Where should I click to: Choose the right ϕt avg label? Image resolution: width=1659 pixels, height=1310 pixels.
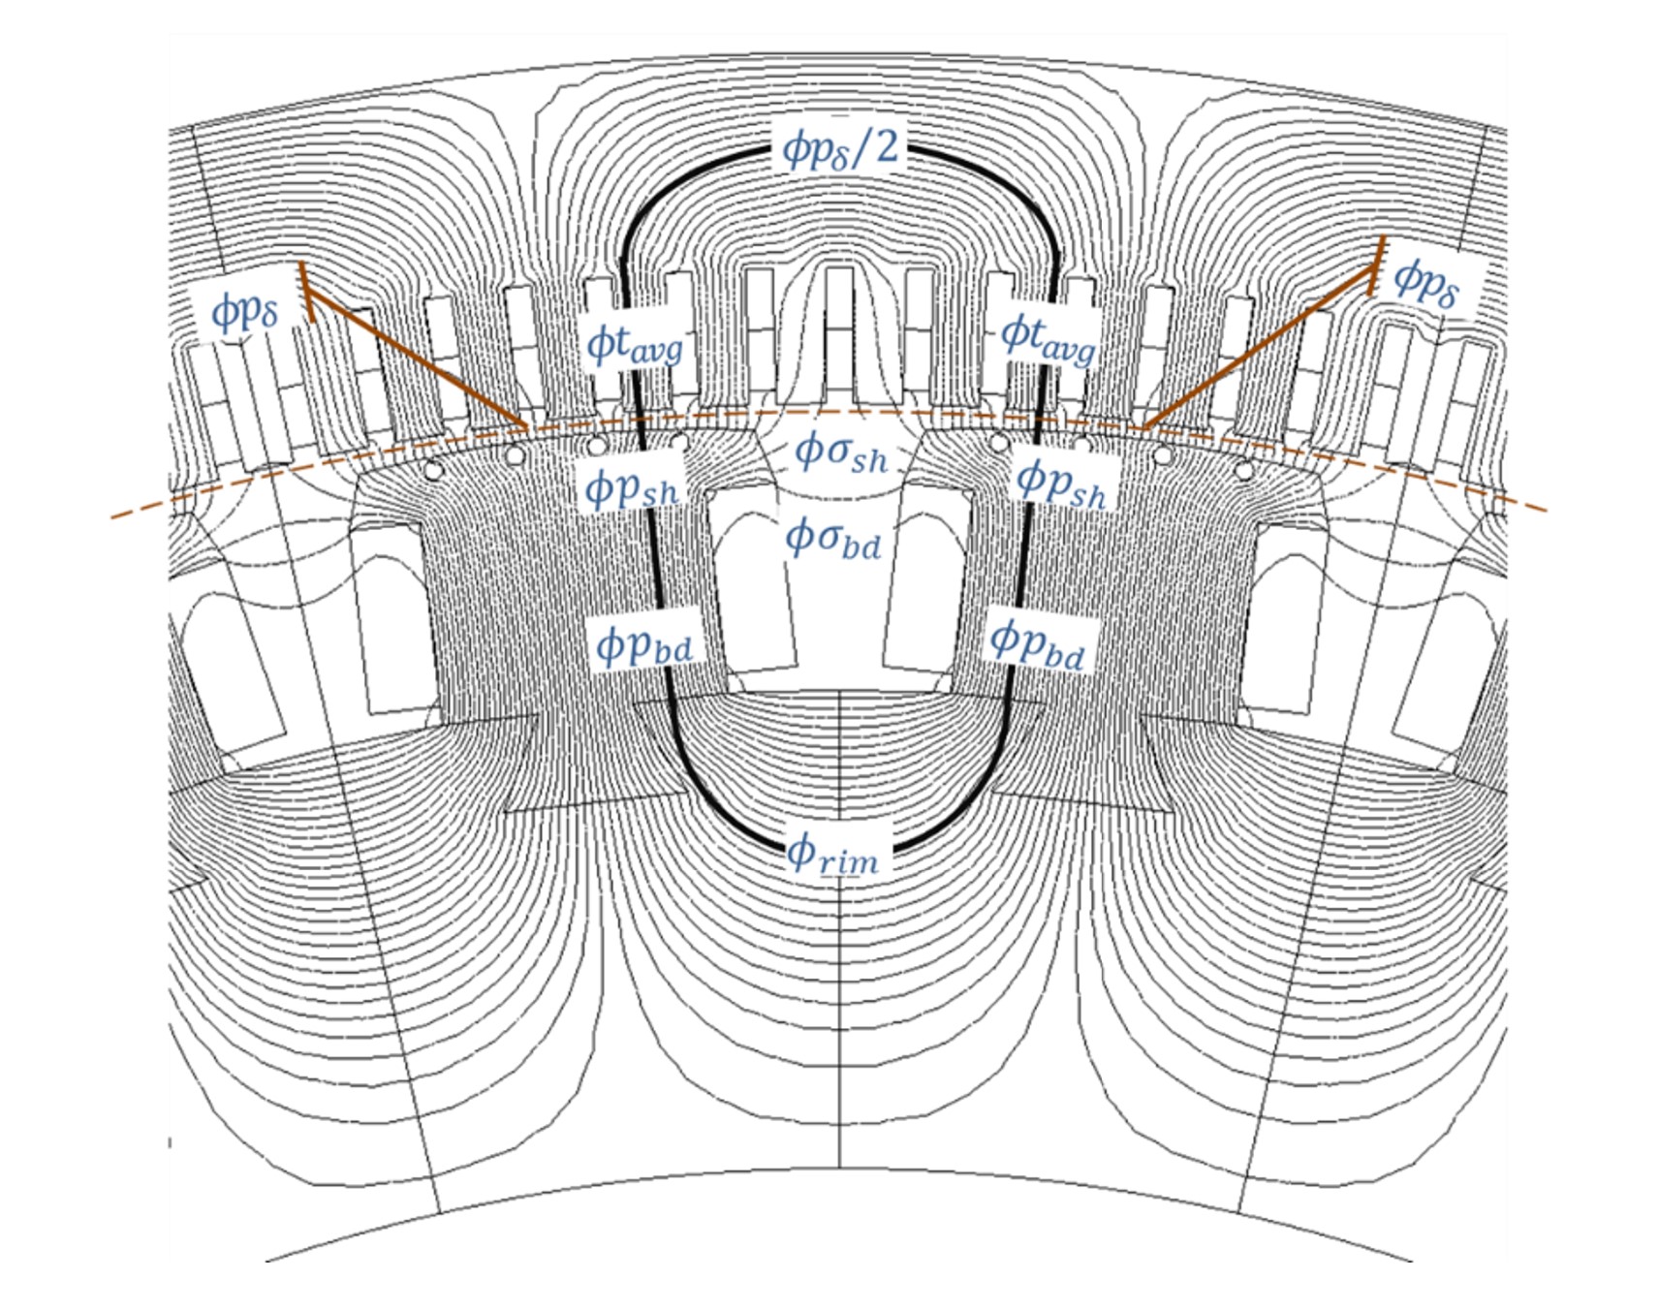click(x=1048, y=337)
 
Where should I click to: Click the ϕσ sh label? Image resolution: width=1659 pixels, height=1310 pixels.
click(x=840, y=452)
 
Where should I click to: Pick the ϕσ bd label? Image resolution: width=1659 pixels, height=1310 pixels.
click(x=832, y=538)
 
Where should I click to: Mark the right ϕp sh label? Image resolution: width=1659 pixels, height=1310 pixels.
click(x=1061, y=482)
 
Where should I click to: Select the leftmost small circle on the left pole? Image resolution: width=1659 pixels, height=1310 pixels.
click(x=433, y=471)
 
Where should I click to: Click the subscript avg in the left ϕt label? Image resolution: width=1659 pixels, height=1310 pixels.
click(x=657, y=351)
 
